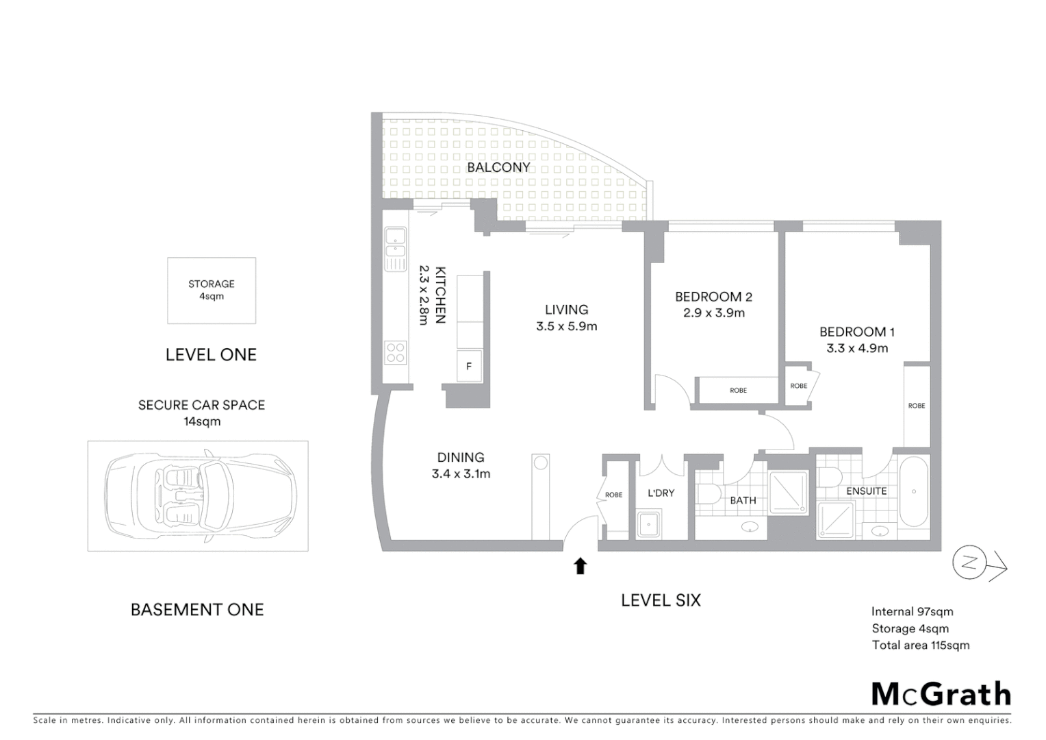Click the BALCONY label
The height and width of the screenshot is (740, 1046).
498,167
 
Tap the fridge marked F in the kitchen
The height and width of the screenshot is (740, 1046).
469,366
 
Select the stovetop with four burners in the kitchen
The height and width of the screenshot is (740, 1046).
396,352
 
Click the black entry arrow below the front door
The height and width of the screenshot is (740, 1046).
580,566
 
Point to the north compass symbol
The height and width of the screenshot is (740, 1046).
969,563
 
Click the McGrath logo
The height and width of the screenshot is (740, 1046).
941,694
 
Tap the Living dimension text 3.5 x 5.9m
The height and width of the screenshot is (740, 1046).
566,327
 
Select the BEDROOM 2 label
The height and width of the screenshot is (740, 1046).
713,297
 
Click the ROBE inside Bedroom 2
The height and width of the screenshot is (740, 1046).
738,391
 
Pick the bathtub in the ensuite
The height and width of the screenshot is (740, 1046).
913,492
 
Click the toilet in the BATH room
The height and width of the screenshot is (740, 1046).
709,493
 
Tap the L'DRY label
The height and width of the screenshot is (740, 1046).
661,493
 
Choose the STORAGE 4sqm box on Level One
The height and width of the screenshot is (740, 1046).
212,291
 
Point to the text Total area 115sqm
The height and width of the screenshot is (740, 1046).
920,645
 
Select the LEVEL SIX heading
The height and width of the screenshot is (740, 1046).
661,600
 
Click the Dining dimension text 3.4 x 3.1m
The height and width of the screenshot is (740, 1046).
461,473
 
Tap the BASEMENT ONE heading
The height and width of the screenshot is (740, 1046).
197,609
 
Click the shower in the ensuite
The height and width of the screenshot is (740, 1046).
836,519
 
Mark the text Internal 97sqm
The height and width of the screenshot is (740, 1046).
912,612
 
